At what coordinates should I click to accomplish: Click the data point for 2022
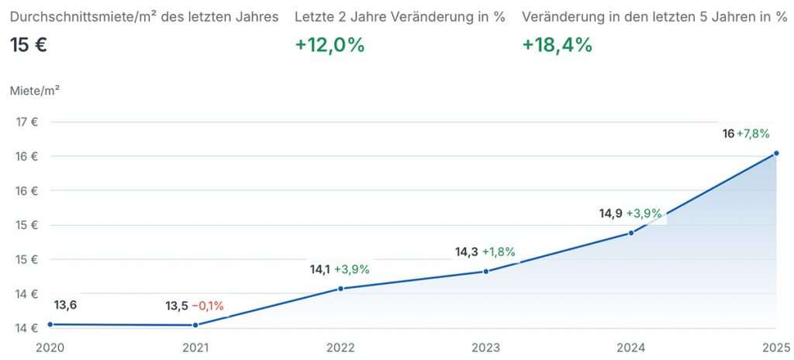[340, 289]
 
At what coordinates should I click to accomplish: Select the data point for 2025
[776, 154]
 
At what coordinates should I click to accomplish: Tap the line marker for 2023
[486, 272]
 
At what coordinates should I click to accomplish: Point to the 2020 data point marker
[50, 324]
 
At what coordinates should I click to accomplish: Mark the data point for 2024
[631, 233]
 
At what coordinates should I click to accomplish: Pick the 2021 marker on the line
[195, 325]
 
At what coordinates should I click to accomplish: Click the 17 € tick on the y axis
[27, 122]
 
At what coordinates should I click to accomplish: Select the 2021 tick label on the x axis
[195, 348]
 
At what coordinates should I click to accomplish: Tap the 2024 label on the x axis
[631, 348]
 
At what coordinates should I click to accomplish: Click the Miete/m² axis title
[35, 90]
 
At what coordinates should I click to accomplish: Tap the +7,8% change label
[753, 133]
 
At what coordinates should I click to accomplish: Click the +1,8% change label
[499, 251]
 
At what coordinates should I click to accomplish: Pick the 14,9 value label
[610, 213]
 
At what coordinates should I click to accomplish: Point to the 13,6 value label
[65, 305]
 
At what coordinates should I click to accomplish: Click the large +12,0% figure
[330, 45]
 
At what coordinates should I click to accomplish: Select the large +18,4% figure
[558, 45]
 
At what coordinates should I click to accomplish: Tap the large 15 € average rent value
[29, 45]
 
